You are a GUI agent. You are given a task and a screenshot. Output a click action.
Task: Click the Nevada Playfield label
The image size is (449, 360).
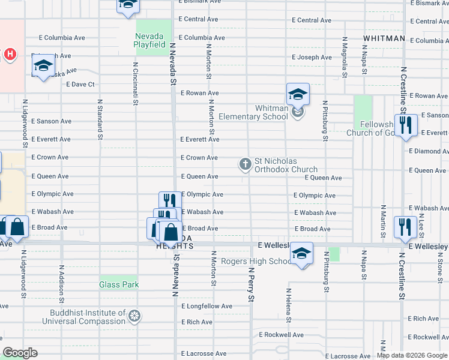point(150,40)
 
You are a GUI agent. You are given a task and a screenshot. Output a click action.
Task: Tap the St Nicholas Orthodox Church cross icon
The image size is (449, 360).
point(245,164)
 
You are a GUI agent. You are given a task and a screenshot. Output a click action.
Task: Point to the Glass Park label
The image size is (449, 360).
point(119,285)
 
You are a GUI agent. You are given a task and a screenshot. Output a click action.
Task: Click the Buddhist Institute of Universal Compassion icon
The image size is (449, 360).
point(135,316)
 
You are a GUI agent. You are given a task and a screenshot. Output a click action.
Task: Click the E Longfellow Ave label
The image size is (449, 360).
point(206,306)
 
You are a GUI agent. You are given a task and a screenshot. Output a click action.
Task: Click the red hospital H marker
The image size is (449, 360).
point(10,55)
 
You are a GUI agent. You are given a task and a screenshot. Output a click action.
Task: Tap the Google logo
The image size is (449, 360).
point(20,353)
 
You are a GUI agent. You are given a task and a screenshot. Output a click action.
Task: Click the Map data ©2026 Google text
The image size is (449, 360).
point(412,355)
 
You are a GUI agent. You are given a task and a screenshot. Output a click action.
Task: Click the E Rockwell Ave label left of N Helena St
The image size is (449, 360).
point(281,335)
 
